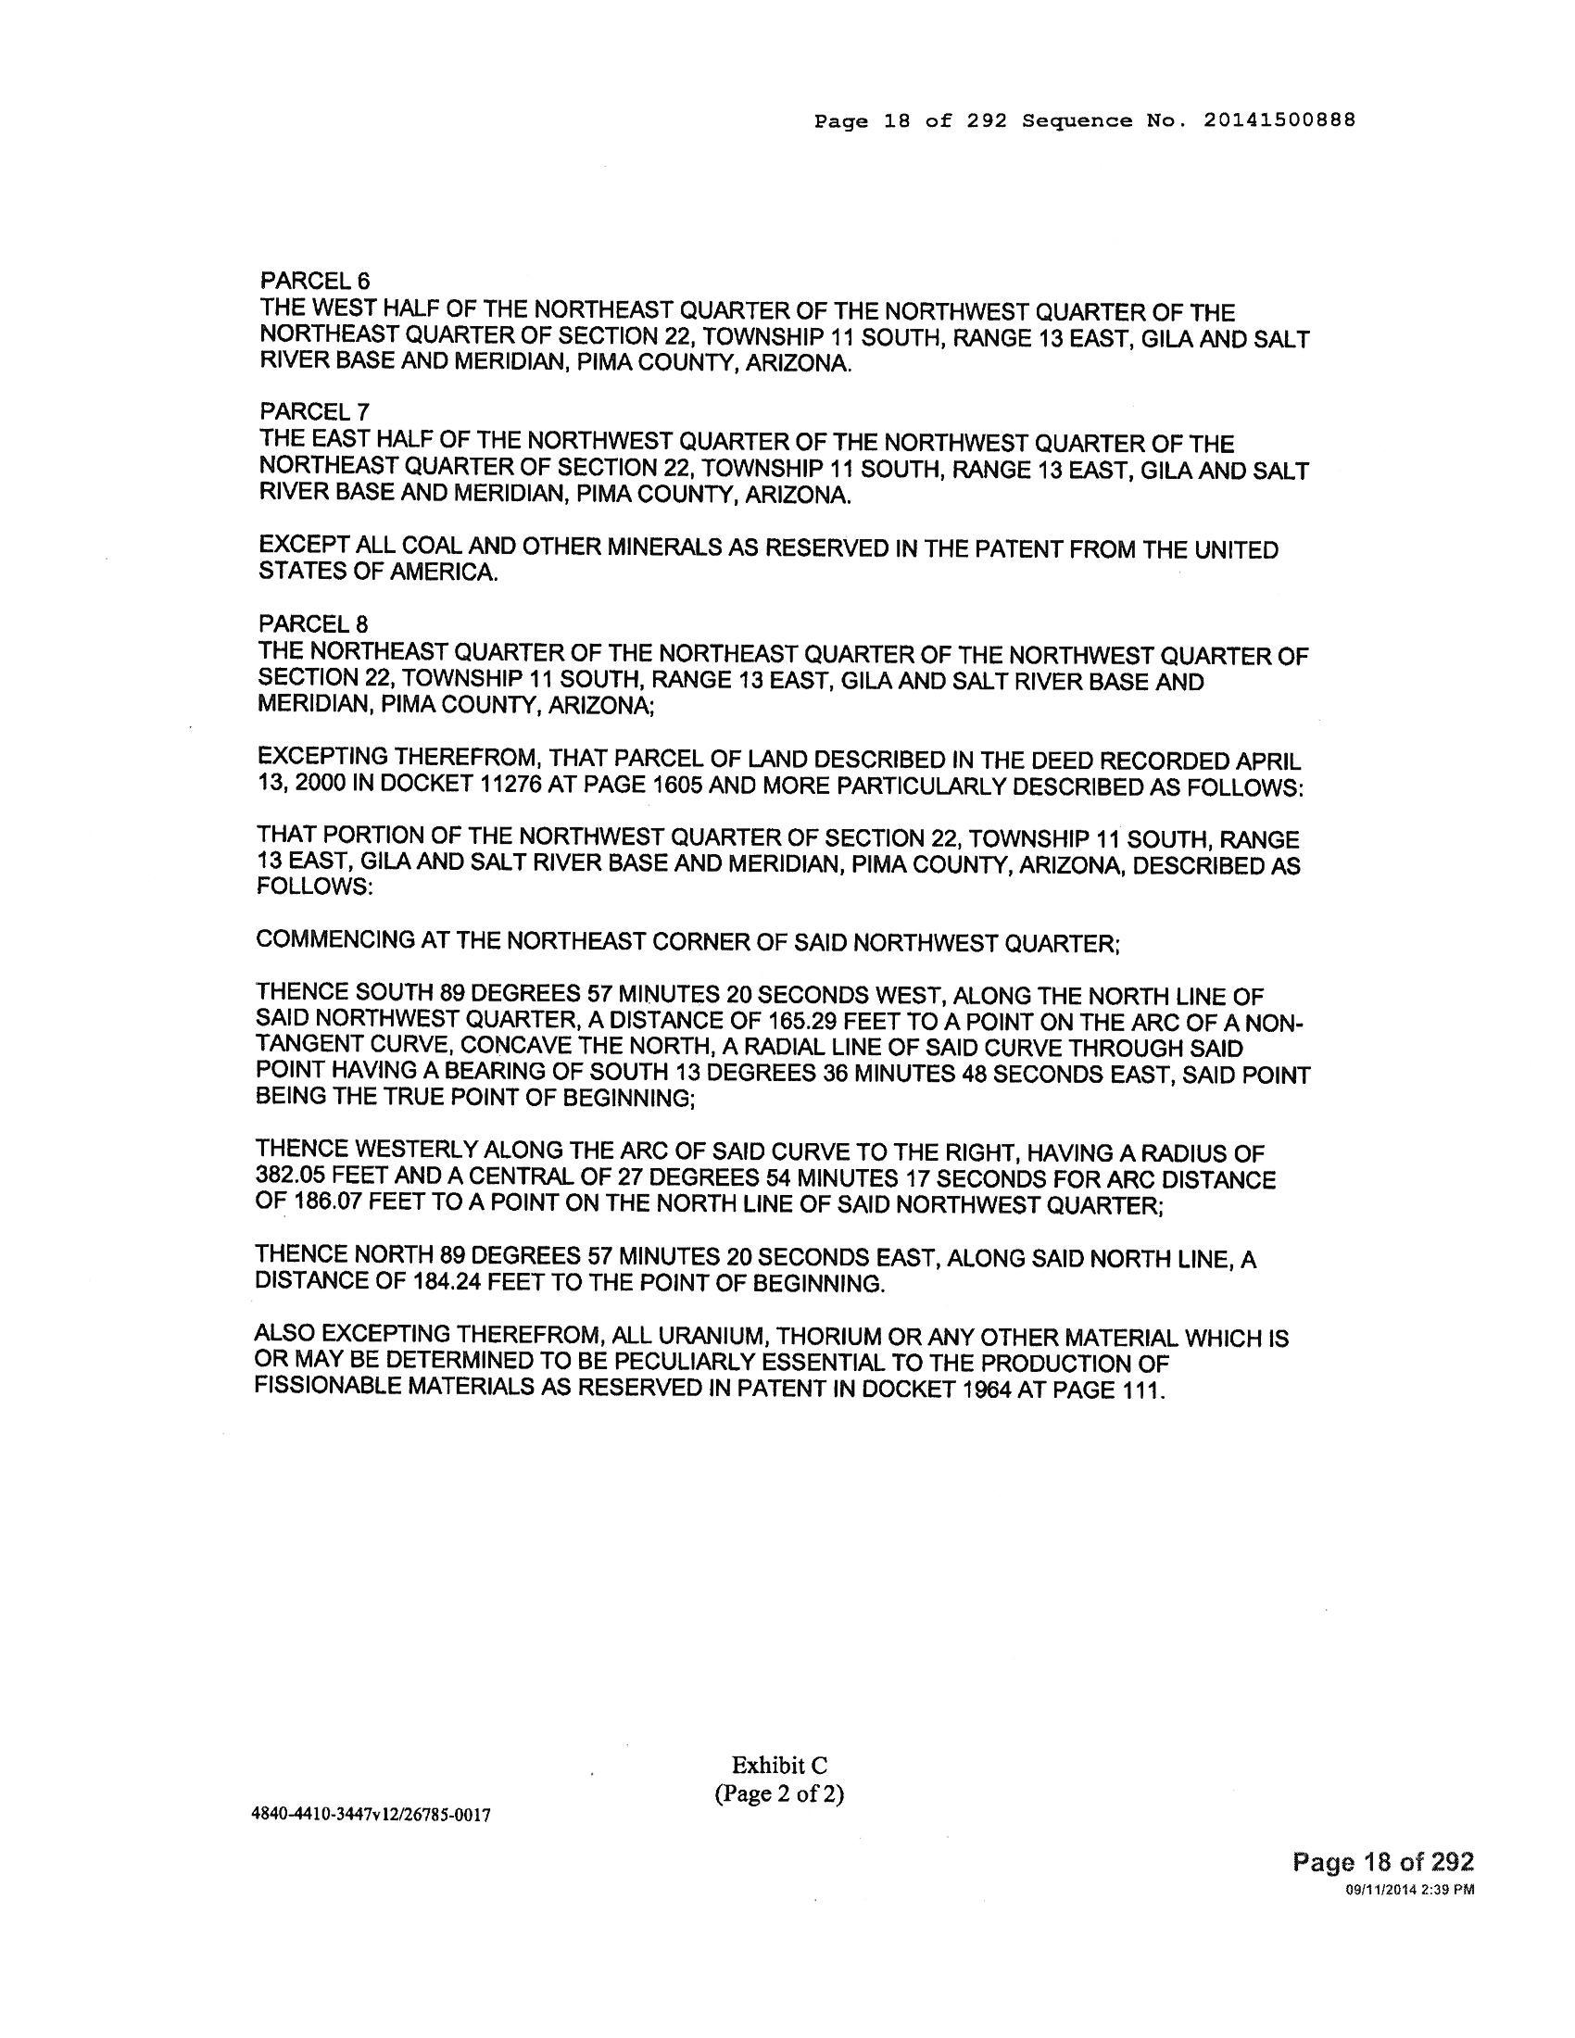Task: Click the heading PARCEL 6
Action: (314, 280)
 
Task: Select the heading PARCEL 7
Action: (314, 411)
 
